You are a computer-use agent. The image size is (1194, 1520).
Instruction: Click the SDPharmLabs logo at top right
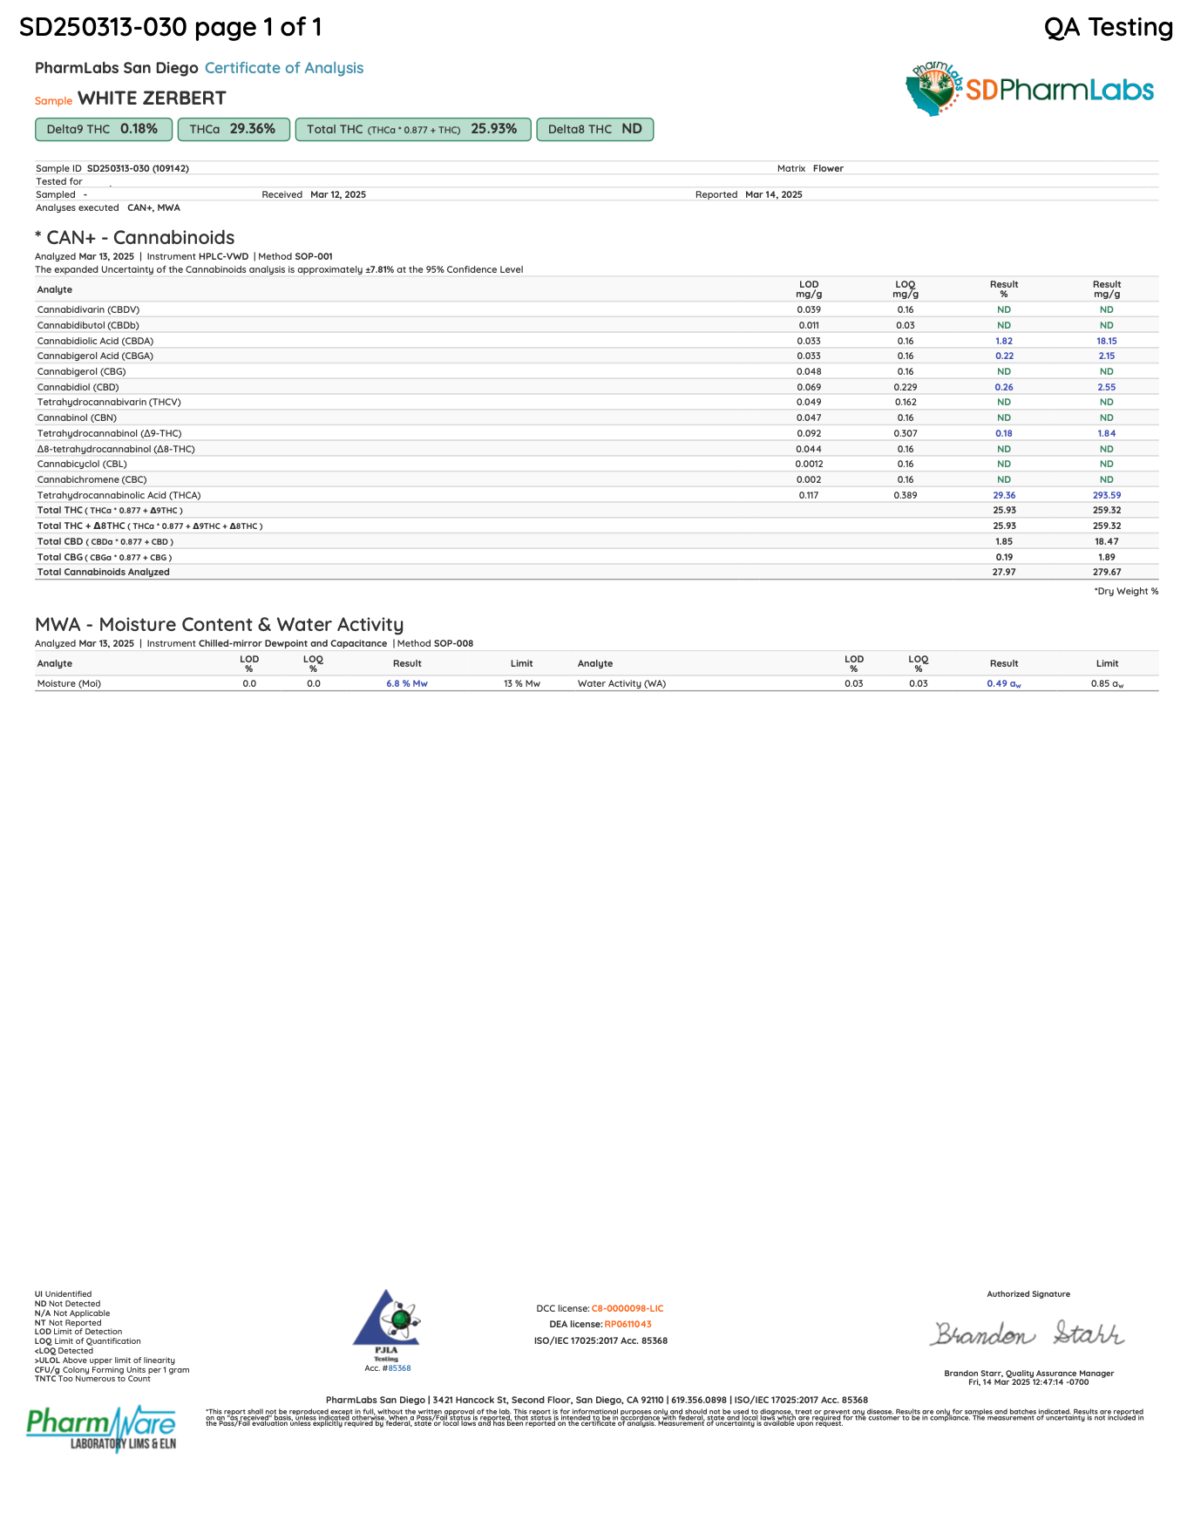[x=1030, y=89]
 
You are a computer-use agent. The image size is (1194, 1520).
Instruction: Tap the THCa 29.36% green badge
[x=233, y=129]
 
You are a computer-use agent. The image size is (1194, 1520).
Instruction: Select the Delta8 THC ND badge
[x=595, y=129]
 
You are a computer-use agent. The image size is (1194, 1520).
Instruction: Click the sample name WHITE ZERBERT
[x=152, y=98]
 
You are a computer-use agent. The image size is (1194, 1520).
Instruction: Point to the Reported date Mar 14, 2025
[x=774, y=194]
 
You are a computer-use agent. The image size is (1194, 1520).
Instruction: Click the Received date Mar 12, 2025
[x=338, y=194]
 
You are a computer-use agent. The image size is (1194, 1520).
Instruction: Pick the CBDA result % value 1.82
[x=1004, y=341]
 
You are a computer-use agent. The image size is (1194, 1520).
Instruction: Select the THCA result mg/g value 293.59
[x=1107, y=495]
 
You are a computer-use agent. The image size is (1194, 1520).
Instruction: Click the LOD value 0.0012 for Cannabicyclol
[x=809, y=464]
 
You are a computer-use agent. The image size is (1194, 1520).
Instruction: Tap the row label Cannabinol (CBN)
[x=72, y=417]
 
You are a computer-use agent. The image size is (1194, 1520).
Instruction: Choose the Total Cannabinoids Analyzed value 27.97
[x=1004, y=572]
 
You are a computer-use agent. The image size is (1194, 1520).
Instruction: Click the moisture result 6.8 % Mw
[x=407, y=683]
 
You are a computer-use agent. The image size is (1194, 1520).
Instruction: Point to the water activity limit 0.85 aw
[x=1107, y=683]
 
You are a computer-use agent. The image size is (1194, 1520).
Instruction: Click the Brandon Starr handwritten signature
[x=1028, y=1334]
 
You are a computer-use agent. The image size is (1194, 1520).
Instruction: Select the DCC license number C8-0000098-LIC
[x=628, y=1308]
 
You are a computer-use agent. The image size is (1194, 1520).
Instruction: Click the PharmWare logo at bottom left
[x=101, y=1427]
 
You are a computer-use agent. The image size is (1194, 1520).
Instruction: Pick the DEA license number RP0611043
[x=628, y=1324]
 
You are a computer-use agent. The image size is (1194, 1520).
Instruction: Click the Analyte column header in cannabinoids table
[x=55, y=289]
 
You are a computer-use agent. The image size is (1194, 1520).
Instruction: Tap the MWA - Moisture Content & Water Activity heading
[x=219, y=624]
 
